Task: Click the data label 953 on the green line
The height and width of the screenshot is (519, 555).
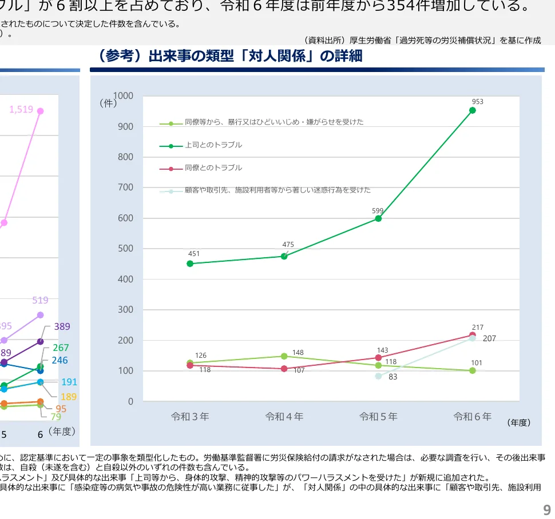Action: pyautogui.click(x=477, y=102)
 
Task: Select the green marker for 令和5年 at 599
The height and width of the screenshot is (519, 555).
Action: pyautogui.click(x=378, y=218)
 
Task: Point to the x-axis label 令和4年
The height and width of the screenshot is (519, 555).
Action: pyautogui.click(x=284, y=417)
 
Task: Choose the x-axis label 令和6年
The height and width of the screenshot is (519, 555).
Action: pyautogui.click(x=472, y=417)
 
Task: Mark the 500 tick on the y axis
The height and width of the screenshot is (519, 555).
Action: pyautogui.click(x=125, y=249)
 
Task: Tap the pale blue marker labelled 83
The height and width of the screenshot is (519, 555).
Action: pyautogui.click(x=378, y=376)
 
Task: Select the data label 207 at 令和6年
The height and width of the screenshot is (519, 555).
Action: pyautogui.click(x=489, y=338)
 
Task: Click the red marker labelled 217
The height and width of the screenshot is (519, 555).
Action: pyautogui.click(x=473, y=335)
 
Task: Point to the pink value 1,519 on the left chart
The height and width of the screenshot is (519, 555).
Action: pyautogui.click(x=21, y=109)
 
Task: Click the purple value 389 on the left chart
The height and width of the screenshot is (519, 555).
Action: pyautogui.click(x=62, y=327)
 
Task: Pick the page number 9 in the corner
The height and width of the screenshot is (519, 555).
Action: pyautogui.click(x=546, y=510)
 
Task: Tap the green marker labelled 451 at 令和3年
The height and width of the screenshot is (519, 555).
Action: pyautogui.click(x=190, y=264)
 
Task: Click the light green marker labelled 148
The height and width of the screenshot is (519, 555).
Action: pyautogui.click(x=284, y=356)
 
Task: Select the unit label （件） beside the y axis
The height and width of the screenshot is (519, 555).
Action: pyautogui.click(x=108, y=103)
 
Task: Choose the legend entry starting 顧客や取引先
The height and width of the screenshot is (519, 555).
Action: pyautogui.click(x=277, y=190)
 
